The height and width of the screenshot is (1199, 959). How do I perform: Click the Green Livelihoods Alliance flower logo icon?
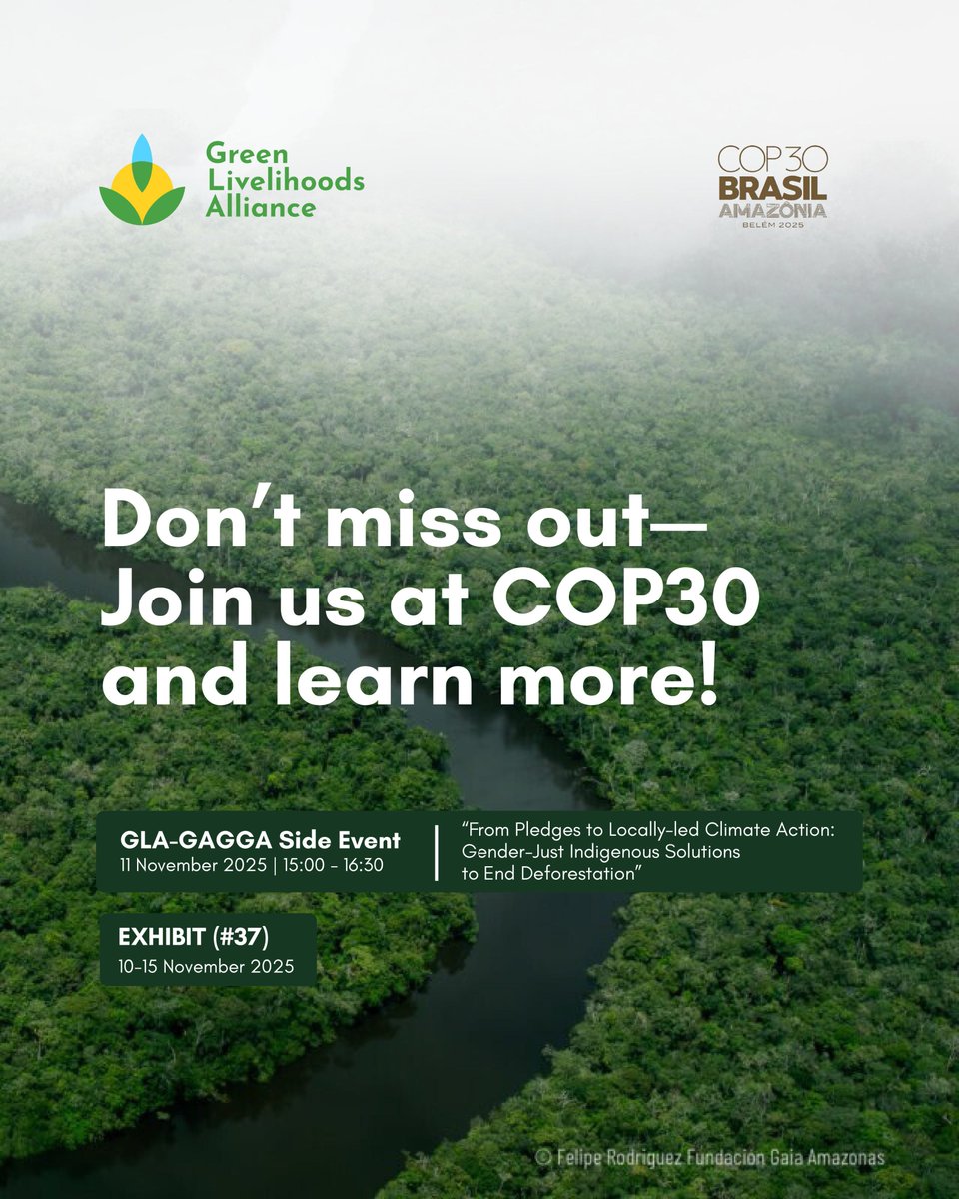(x=142, y=180)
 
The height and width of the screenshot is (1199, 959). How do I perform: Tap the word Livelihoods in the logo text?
(x=285, y=181)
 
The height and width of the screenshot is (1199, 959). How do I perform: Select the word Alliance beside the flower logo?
(x=261, y=207)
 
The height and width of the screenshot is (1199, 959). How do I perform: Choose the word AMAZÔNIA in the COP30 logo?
(x=773, y=211)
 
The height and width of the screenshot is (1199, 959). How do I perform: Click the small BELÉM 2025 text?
(x=773, y=226)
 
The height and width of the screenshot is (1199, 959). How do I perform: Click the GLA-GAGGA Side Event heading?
(x=260, y=840)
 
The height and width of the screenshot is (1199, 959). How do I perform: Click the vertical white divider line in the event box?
(x=437, y=852)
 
